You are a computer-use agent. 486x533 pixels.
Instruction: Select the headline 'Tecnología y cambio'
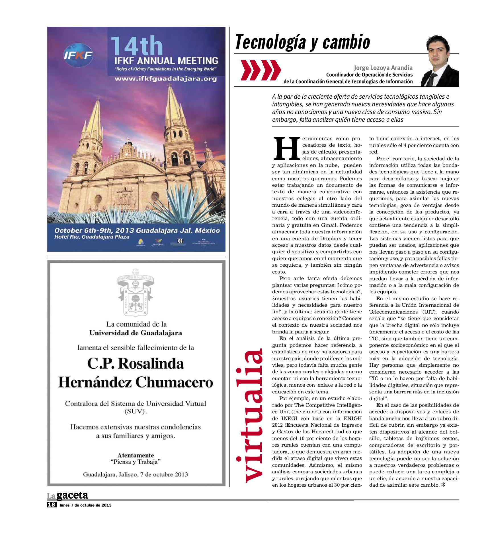pyautogui.click(x=303, y=42)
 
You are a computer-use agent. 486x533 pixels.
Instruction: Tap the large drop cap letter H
pyautogui.click(x=286, y=148)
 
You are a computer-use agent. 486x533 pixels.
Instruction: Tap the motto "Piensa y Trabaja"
pyautogui.click(x=136, y=462)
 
